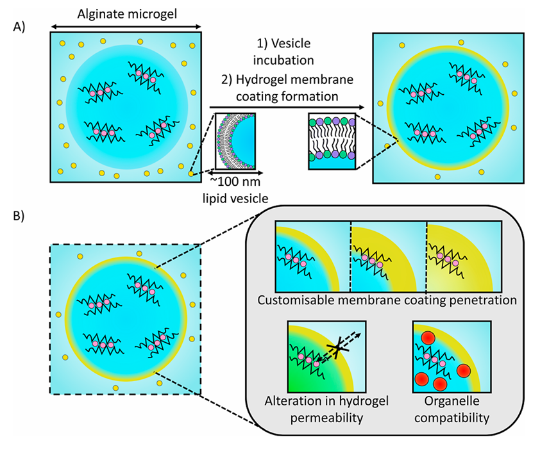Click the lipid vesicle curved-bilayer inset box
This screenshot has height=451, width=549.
click(x=236, y=140)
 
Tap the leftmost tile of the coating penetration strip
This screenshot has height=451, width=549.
click(x=312, y=256)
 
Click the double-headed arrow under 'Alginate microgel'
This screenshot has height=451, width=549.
click(x=126, y=26)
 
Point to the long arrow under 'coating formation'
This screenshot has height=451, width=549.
click(x=286, y=108)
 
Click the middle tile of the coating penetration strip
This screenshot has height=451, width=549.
click(x=388, y=256)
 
